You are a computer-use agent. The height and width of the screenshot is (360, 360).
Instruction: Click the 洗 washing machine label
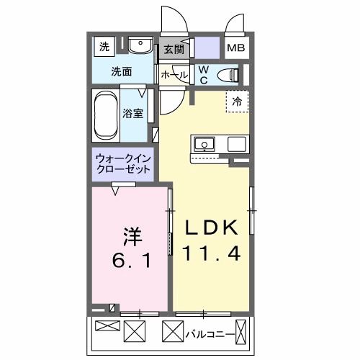[x=104, y=47]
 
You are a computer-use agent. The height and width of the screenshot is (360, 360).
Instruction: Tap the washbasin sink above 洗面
[x=140, y=48]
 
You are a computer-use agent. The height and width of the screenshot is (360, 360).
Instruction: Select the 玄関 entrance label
[x=174, y=50]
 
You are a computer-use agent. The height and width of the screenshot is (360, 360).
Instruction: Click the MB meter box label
[x=235, y=49]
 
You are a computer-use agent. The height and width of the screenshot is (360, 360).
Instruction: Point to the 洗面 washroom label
[x=122, y=71]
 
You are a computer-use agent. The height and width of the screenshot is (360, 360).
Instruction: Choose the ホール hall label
[x=174, y=75]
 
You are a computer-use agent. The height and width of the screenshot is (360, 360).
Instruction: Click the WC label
[x=203, y=74]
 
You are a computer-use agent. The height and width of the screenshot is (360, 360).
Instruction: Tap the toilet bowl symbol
[x=230, y=73]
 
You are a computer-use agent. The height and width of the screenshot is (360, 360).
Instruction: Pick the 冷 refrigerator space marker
[x=237, y=102]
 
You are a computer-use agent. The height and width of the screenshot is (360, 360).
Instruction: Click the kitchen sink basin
[x=205, y=144]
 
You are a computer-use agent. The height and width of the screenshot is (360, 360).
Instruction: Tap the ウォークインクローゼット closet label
[x=123, y=163]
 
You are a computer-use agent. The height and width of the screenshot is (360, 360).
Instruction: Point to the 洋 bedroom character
[x=131, y=235]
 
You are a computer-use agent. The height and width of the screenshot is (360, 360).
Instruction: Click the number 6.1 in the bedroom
[x=130, y=259]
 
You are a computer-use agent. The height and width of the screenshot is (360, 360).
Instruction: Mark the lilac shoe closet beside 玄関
[x=207, y=50]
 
